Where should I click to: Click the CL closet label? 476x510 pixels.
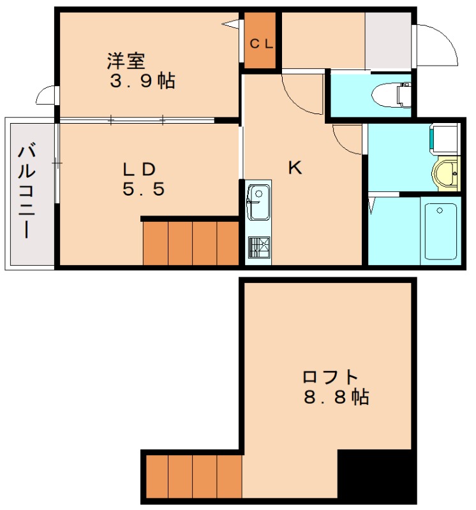(x=260, y=44)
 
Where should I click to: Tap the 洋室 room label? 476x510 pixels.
(x=126, y=62)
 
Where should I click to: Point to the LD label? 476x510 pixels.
(x=140, y=169)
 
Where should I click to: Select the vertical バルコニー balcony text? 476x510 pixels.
(x=27, y=191)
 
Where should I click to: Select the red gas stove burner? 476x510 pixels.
(x=258, y=245)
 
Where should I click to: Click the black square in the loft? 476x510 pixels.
(x=376, y=475)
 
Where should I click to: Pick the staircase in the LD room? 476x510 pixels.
(x=191, y=242)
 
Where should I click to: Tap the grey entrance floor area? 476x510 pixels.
(x=388, y=41)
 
